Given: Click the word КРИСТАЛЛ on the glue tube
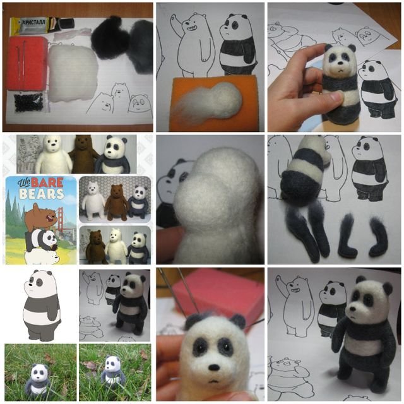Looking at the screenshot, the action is coord(34,22).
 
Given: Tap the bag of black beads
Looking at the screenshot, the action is coord(28,102).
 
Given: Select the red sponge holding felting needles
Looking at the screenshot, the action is coord(28,62).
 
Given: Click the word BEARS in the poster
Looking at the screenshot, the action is coord(42,194).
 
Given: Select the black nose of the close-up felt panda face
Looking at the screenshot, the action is coord(214,367).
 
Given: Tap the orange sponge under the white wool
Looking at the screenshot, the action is coord(215,104).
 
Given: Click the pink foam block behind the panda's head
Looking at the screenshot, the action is coord(218,293).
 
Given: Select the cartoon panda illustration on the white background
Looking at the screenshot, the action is coord(42,306).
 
